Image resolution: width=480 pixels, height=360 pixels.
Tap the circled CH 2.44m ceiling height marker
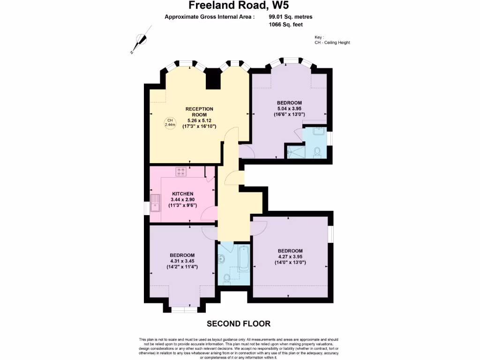170,123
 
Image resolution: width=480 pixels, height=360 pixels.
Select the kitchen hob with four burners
180,172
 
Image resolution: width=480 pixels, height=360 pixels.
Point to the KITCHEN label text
182,194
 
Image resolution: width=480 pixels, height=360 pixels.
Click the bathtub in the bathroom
243,257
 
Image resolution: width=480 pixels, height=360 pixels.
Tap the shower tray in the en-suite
295,152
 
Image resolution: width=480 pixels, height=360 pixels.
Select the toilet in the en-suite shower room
317,152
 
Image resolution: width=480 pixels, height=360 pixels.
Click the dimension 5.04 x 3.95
289,108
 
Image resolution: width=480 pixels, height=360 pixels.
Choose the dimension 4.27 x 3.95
290,256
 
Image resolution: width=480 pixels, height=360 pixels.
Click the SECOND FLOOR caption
239,323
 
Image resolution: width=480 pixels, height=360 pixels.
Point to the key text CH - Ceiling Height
332,43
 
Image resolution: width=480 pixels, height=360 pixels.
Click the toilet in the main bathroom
227,279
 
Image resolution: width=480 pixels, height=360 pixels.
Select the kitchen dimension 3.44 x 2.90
182,200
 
